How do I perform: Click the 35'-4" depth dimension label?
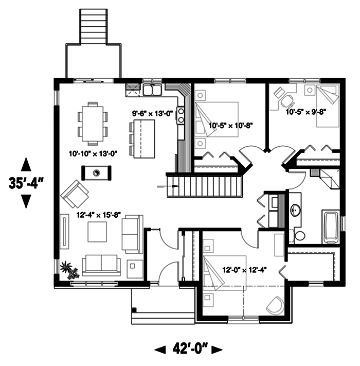pos(25,184)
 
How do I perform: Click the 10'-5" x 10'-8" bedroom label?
pos(230,124)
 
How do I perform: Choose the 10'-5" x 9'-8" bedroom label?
pos(307,110)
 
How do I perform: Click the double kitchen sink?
pos(152,91)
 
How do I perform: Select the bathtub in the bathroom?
pos(330,226)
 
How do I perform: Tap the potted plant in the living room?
pos(67,269)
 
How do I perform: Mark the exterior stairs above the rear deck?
pos(94,27)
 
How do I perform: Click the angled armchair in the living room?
pos(75,195)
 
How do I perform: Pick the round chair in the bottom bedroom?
pos(275,305)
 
